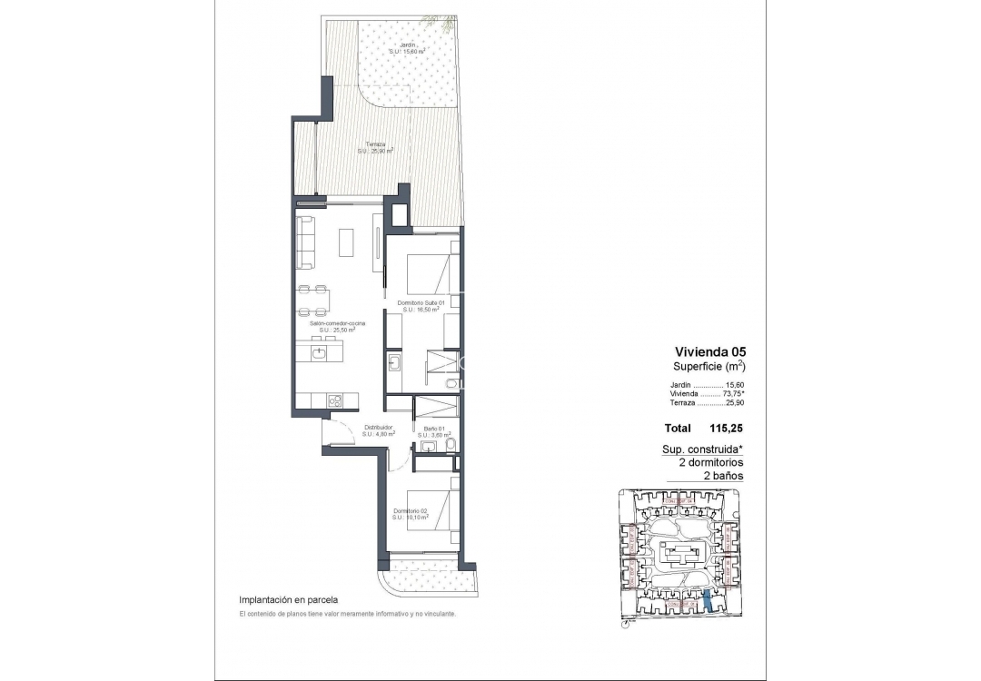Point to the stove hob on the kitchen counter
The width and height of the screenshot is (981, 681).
334,400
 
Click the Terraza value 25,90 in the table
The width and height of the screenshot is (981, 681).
733,403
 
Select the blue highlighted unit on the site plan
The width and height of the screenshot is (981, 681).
708,601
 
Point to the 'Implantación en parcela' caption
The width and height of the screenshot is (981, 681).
288,600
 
